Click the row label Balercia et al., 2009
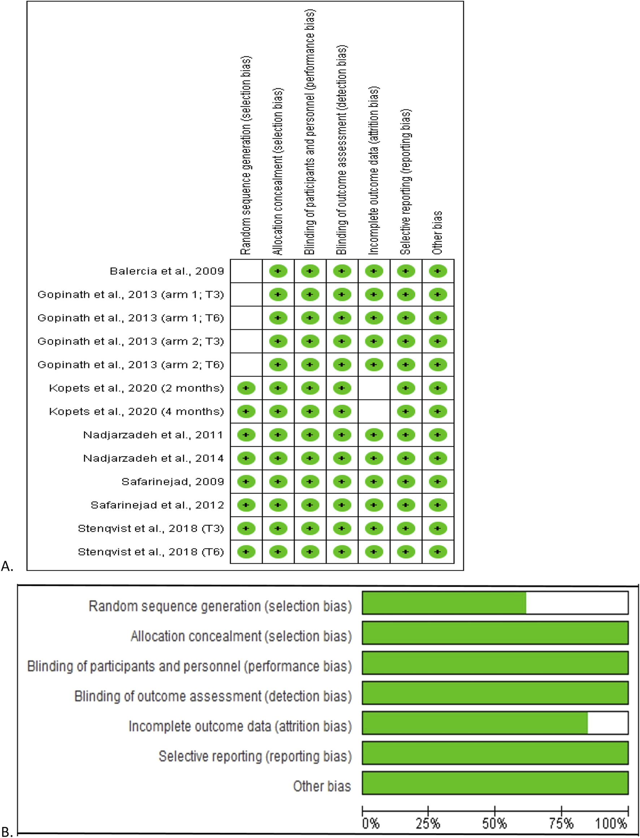pyautogui.click(x=167, y=271)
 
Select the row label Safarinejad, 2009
pyautogui.click(x=173, y=482)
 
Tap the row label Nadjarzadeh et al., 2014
pyautogui.click(x=153, y=458)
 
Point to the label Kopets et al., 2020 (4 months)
pyautogui.click(x=136, y=411)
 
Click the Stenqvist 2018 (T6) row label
pyautogui.click(x=151, y=552)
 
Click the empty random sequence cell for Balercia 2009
pyautogui.click(x=246, y=271)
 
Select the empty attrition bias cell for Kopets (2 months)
pyautogui.click(x=374, y=388)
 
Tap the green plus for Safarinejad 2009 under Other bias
pyautogui.click(x=438, y=482)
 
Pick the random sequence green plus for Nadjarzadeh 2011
pyautogui.click(x=246, y=435)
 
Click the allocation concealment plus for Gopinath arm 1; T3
pyautogui.click(x=278, y=294)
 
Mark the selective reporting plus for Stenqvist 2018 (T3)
pyautogui.click(x=406, y=529)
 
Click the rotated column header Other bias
pyautogui.click(x=437, y=232)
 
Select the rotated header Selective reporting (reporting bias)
pyautogui.click(x=406, y=182)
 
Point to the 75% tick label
pyautogui.click(x=561, y=824)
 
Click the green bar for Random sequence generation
pyautogui.click(x=444, y=603)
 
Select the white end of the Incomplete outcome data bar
pyautogui.click(x=607, y=722)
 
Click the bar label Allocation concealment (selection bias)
pyautogui.click(x=241, y=636)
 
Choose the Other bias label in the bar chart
pyautogui.click(x=322, y=786)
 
